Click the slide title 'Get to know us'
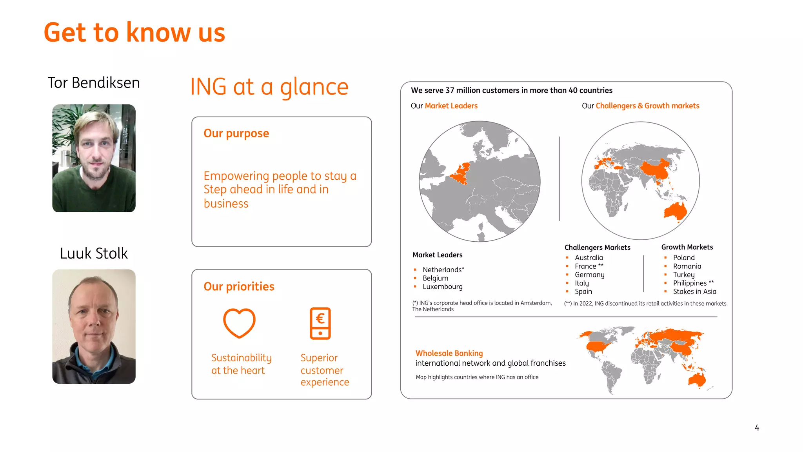(134, 32)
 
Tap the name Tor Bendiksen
(94, 83)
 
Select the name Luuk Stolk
(94, 253)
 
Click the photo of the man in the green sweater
(94, 158)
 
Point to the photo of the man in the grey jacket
(94, 326)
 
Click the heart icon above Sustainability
(239, 323)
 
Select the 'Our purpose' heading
(236, 133)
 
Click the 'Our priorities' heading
(239, 286)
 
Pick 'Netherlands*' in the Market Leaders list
(443, 270)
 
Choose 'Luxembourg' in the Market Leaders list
(442, 287)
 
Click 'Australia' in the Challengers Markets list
(589, 258)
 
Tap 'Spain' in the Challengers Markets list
(583, 292)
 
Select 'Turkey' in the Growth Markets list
(683, 275)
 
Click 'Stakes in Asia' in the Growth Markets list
(694, 292)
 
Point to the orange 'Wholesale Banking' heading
(449, 353)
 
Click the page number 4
(757, 428)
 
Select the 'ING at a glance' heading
(269, 87)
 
